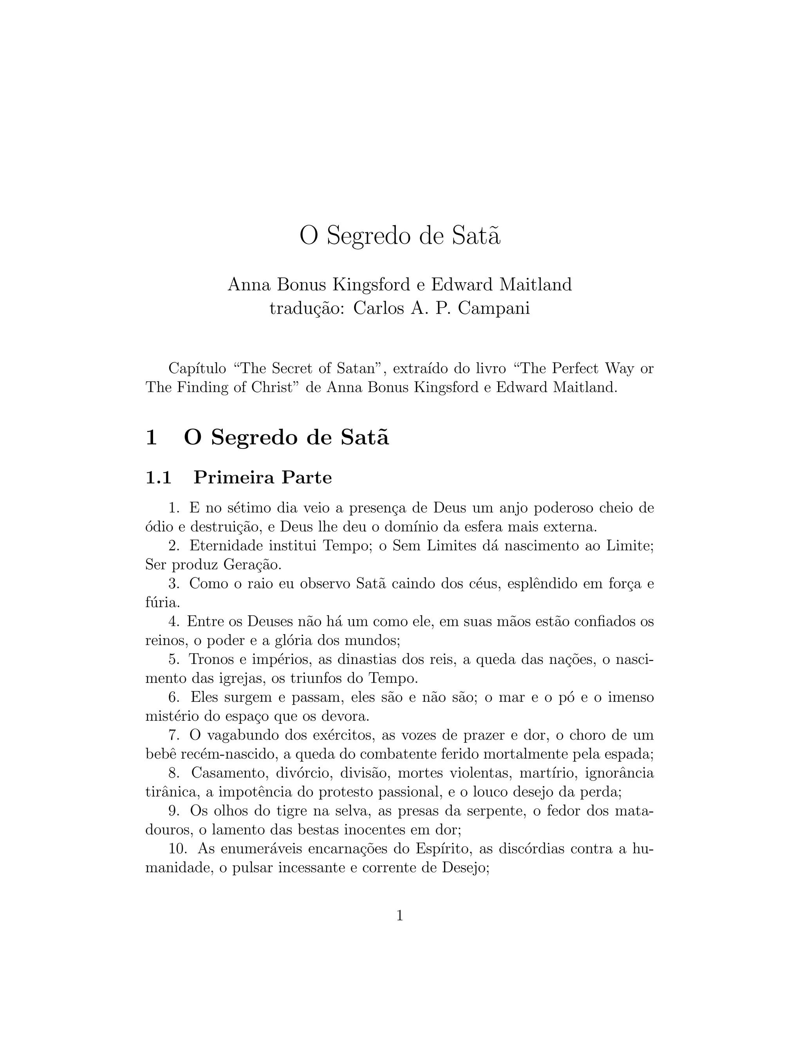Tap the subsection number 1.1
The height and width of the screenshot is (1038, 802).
(159, 477)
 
